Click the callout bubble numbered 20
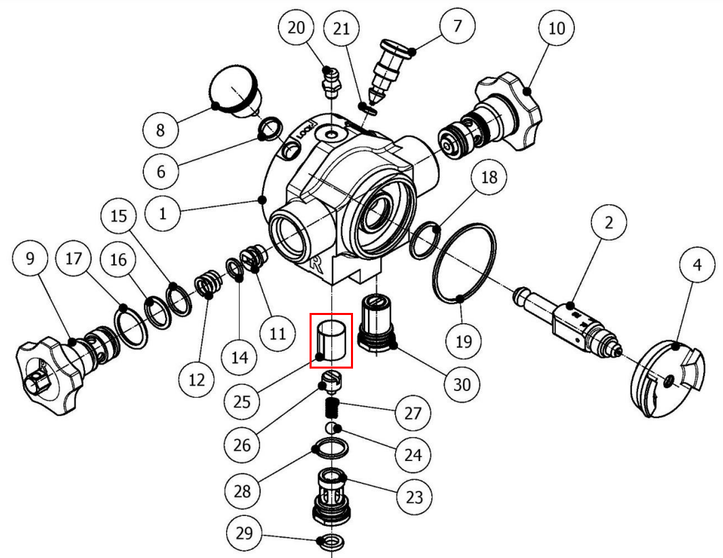[297, 29]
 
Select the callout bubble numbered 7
[457, 27]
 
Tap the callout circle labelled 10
[556, 29]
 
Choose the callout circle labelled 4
[697, 266]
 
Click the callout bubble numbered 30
[462, 385]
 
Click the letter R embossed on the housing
[317, 264]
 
